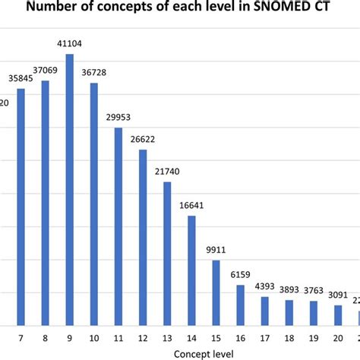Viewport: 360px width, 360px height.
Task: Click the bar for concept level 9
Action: tap(70, 190)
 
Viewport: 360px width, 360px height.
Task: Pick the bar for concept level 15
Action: tap(216, 293)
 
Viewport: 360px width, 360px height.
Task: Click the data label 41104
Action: tap(70, 45)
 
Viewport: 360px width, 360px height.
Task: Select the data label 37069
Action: tap(46, 71)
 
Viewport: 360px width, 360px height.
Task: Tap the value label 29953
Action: tap(118, 118)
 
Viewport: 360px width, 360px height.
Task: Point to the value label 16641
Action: tap(191, 206)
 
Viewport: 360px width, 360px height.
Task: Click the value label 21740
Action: tap(167, 172)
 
